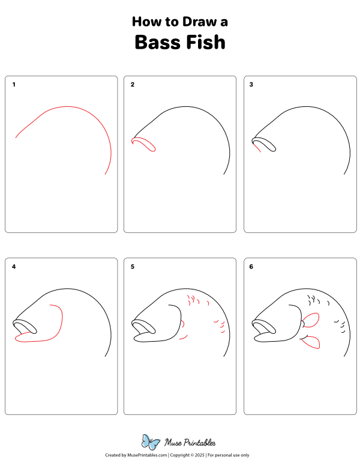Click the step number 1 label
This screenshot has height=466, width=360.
coord(14,85)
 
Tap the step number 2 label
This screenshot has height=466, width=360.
coord(133,85)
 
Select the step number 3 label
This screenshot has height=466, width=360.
coord(251,85)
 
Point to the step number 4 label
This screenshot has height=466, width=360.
coord(14,266)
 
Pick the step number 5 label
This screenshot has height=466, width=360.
coord(133,266)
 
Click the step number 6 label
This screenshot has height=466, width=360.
coord(251,266)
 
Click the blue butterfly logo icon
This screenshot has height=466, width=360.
coord(150,442)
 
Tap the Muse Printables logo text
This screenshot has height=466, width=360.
coord(190,443)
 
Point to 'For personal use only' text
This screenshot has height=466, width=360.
coord(228,456)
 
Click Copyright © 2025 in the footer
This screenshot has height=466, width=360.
coord(187,456)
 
